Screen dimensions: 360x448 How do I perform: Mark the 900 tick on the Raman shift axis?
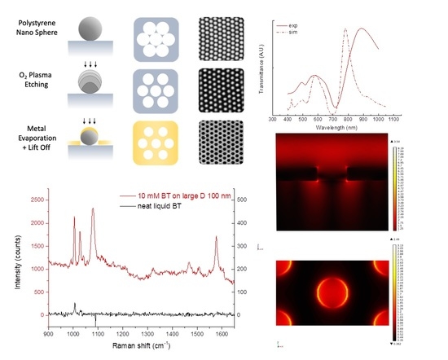tap(49, 333)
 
